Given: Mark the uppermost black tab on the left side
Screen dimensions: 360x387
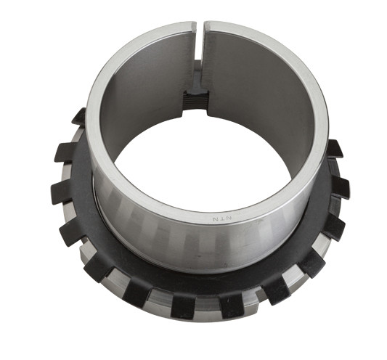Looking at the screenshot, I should pyautogui.click(x=78, y=116).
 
